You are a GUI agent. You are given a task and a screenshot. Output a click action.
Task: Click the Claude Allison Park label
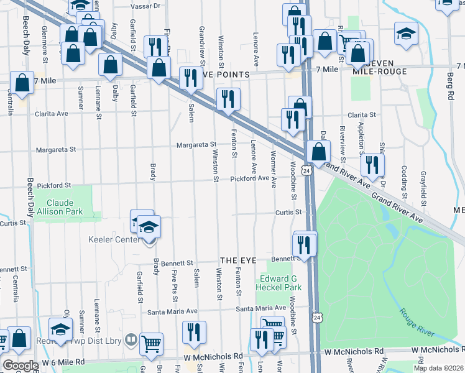[x=64, y=208]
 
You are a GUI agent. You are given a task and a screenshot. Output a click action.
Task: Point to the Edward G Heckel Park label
[x=280, y=283]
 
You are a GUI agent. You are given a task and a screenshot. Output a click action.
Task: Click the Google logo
[x=20, y=366]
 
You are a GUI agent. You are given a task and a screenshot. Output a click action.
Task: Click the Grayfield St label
[x=423, y=189]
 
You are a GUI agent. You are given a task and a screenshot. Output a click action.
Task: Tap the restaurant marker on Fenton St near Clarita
[x=228, y=99]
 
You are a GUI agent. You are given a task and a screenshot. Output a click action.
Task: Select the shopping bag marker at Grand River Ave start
[x=318, y=152]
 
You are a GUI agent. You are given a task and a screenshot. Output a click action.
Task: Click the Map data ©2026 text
[x=438, y=368]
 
